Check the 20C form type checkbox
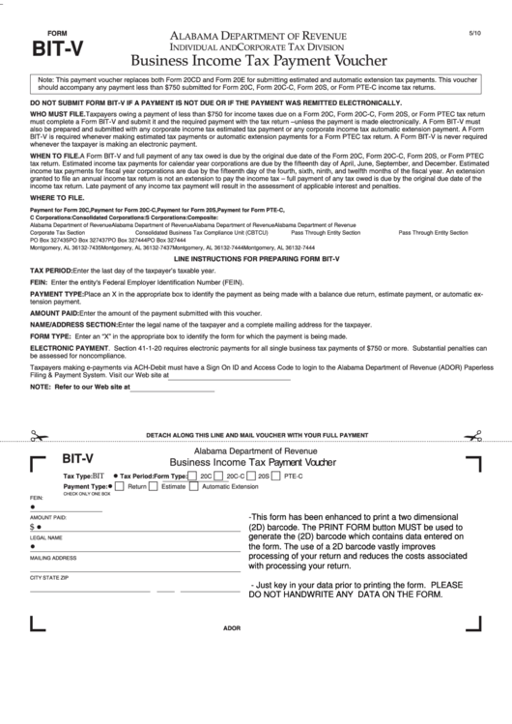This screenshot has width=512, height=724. click(192, 477)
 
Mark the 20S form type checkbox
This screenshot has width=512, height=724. click(252, 477)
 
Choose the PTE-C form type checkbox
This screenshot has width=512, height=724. click(278, 477)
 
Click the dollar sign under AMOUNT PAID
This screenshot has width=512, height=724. click(32, 528)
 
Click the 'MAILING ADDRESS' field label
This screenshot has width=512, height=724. click(53, 558)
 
